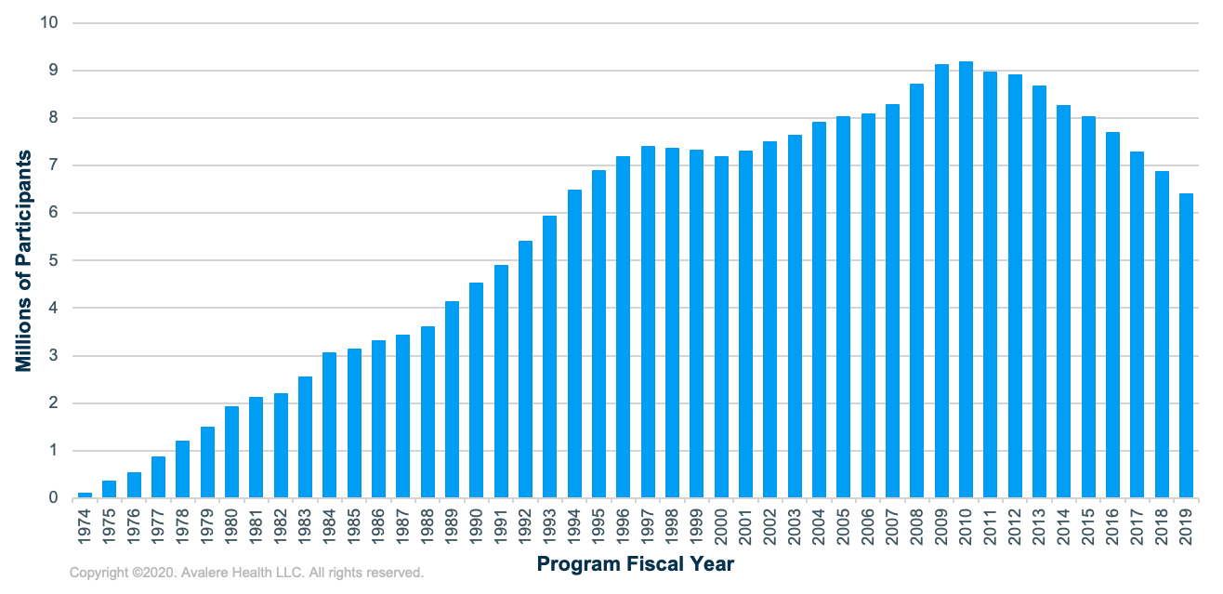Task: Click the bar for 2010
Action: tap(966, 280)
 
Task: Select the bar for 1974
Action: tap(85, 495)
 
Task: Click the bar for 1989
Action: tap(452, 400)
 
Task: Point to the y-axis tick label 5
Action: tap(54, 260)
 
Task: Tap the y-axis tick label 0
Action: tap(54, 498)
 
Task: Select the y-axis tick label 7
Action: tap(54, 165)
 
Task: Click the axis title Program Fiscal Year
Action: tap(636, 564)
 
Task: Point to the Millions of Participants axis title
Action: tap(23, 261)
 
